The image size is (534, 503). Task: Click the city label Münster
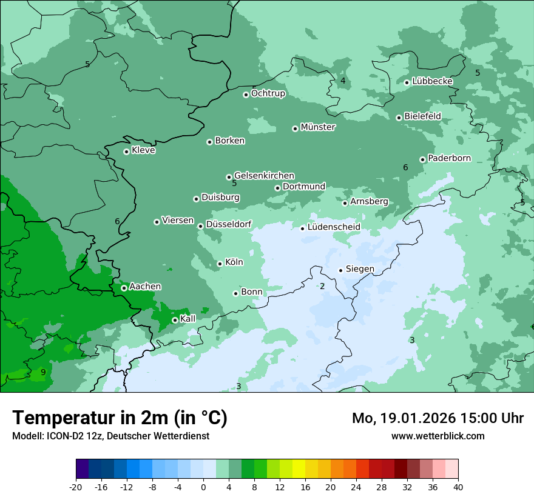click(318, 127)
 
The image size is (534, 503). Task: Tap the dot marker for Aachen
click(124, 288)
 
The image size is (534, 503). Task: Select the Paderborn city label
click(449, 158)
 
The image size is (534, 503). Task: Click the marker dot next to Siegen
click(340, 270)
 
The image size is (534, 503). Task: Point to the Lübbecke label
click(432, 81)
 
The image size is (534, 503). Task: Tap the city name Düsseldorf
click(229, 224)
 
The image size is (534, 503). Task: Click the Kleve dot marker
click(126, 152)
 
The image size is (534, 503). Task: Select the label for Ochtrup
click(268, 93)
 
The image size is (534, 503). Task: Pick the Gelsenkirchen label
click(264, 176)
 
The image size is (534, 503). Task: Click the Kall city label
click(188, 319)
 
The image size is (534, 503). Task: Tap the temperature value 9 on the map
click(43, 372)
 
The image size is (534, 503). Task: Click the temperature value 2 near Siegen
click(322, 286)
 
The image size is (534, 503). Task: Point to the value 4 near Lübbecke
click(343, 81)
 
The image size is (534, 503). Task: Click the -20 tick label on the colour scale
click(76, 487)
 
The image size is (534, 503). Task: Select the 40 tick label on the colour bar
click(458, 487)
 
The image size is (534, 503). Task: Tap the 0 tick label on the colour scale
click(203, 487)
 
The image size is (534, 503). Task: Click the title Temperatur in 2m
click(120, 418)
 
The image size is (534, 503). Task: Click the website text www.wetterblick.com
click(438, 436)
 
